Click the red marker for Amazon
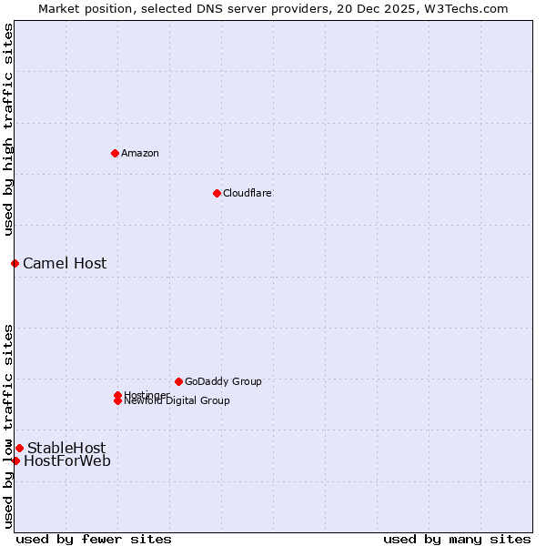click(115, 153)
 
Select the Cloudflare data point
click(217, 193)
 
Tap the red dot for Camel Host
click(15, 263)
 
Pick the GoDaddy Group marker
click(178, 381)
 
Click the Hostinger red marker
click(117, 395)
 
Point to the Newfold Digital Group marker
click(117, 400)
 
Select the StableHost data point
click(19, 448)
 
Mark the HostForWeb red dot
click(15, 460)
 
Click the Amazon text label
click(140, 153)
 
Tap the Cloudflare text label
click(248, 193)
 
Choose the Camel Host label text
click(65, 263)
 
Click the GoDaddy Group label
click(223, 381)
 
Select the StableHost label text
click(66, 448)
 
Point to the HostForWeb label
click(67, 460)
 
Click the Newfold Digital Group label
click(177, 401)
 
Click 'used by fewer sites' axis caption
click(94, 539)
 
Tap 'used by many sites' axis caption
click(457, 539)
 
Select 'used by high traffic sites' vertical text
click(8, 129)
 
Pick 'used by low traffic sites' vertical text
click(8, 425)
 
